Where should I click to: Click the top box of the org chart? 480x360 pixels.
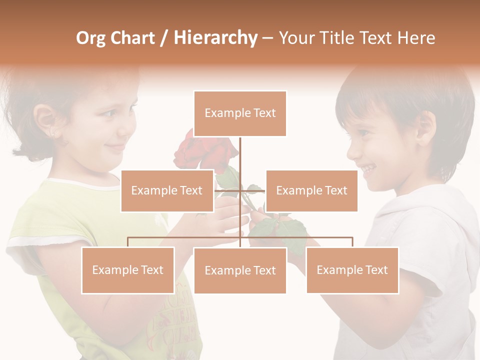(x=240, y=113)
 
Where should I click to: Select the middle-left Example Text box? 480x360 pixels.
(x=167, y=190)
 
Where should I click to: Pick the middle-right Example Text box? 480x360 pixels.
(x=311, y=190)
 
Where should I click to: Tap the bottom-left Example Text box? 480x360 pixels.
(x=128, y=270)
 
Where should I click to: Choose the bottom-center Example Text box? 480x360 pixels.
(x=240, y=270)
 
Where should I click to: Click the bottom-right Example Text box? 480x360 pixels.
(x=352, y=270)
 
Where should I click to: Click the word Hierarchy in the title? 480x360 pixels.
(x=215, y=38)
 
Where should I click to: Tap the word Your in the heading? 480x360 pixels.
(x=297, y=38)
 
